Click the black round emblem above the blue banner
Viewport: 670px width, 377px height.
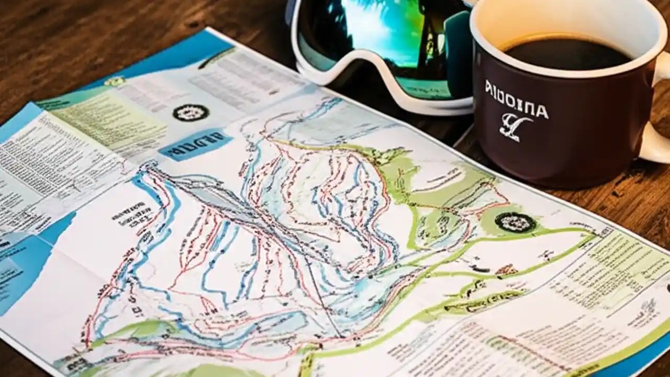191,112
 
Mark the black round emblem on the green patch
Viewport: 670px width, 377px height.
515,222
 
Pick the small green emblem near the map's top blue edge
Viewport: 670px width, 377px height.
115,81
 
